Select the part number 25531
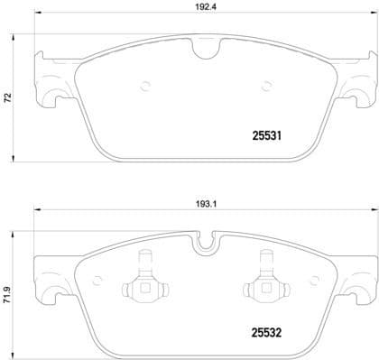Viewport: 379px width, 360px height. (x=263, y=137)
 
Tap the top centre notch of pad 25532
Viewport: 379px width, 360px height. (x=210, y=242)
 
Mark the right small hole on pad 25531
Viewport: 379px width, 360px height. (x=265, y=88)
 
